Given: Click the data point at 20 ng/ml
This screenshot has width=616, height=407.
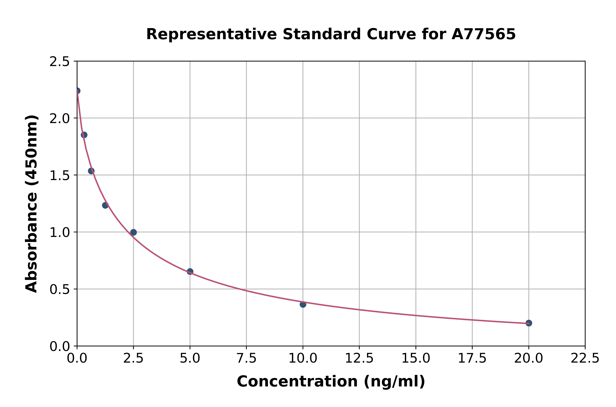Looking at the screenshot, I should [x=529, y=323].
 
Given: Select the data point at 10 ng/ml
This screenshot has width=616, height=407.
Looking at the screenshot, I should [x=303, y=304].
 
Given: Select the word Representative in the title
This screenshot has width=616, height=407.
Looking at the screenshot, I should [x=211, y=34].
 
